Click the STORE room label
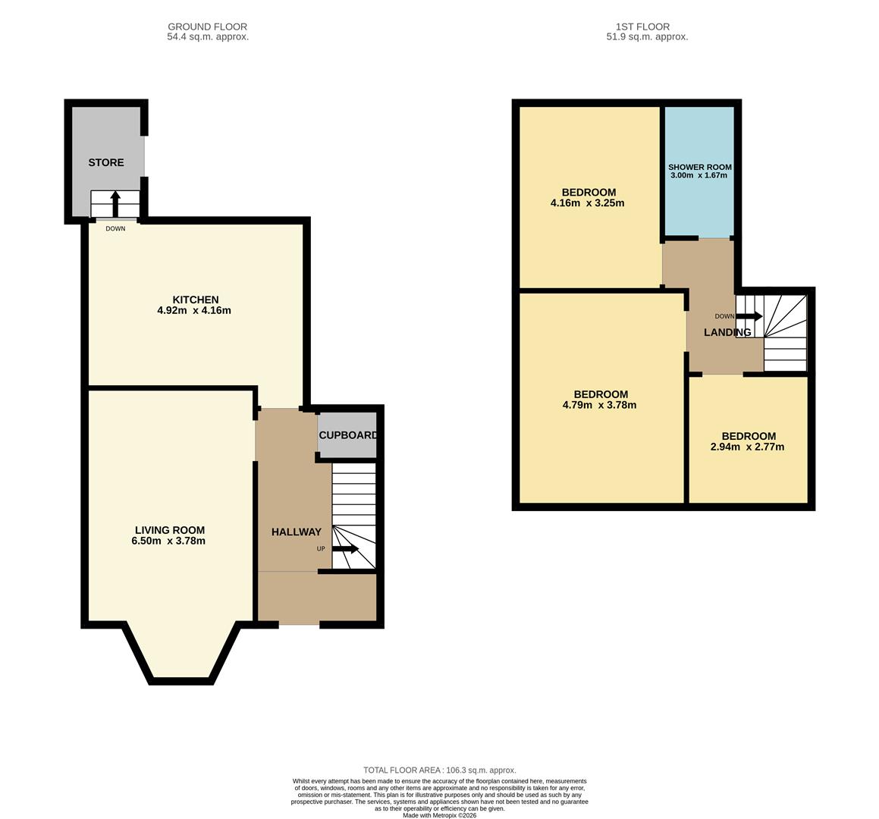(105, 162)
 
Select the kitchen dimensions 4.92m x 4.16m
(194, 310)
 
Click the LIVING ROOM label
(170, 530)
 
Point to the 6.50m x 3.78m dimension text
(168, 541)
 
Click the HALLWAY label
(296, 532)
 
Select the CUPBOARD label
(348, 435)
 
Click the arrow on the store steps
(115, 203)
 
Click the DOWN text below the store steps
(115, 228)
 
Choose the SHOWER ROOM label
(699, 167)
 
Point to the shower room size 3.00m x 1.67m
(698, 175)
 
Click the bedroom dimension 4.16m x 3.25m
(588, 203)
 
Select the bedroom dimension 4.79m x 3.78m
(600, 405)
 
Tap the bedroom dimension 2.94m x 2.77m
(748, 447)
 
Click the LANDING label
(727, 332)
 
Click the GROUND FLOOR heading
(207, 27)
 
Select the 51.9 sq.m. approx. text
(647, 36)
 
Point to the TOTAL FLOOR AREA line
(439, 770)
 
